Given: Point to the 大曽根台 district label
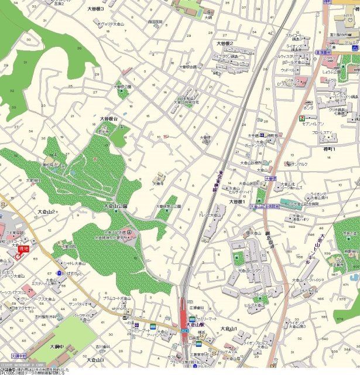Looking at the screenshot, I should tap(109, 118).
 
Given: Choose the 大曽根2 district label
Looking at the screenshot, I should tap(225, 44).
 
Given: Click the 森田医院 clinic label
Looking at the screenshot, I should tap(155, 22).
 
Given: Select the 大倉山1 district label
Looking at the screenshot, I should tap(227, 330).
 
